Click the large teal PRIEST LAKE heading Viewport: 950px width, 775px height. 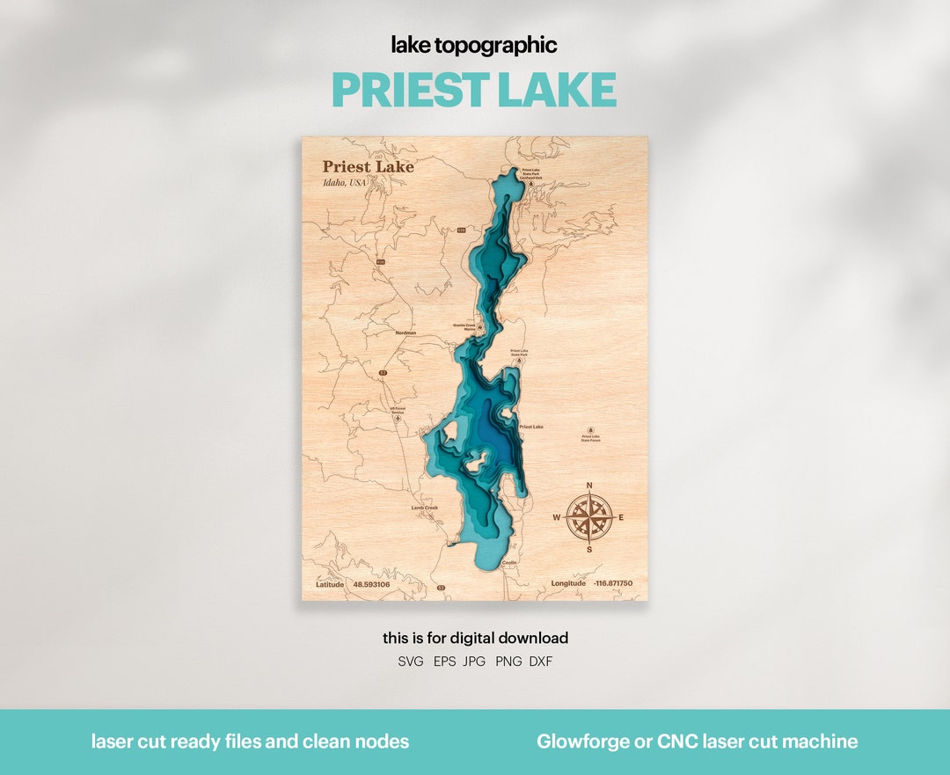pos(474,90)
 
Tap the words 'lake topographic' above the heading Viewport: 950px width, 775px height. pos(474,46)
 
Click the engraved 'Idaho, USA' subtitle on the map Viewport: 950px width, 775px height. pos(344,183)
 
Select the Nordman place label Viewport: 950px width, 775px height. pos(406,333)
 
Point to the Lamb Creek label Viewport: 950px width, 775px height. pos(424,508)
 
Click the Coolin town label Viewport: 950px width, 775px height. pos(509,562)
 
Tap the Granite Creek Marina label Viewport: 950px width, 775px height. pos(464,327)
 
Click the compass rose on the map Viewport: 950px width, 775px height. pos(588,516)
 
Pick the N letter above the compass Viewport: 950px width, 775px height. pos(588,486)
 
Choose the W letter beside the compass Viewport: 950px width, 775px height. pos(556,517)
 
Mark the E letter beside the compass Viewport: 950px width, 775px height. pos(621,517)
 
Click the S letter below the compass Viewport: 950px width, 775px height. pos(588,549)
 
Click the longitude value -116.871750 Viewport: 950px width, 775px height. pos(613,584)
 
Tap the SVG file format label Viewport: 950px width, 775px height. pos(411,662)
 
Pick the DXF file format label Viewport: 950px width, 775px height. pos(541,662)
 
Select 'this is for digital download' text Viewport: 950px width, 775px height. pos(475,638)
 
